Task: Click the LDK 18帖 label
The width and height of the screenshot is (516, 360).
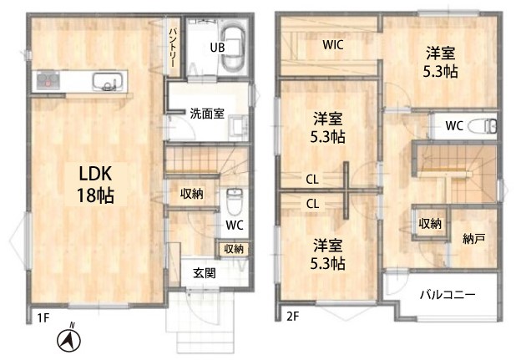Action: [96, 185]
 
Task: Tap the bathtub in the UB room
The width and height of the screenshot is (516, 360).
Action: [233, 47]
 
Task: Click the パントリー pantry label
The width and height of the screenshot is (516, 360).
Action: [173, 48]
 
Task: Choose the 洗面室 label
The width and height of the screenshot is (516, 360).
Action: [207, 114]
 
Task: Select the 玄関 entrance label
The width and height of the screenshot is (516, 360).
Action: [205, 273]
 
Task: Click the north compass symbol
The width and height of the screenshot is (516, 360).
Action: [69, 340]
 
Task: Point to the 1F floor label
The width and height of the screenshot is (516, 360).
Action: [43, 318]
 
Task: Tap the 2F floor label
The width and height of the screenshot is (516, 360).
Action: [292, 317]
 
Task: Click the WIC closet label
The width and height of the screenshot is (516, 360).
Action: [333, 45]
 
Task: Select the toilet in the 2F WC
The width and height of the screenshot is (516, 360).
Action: [482, 125]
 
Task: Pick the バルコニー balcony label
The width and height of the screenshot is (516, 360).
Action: [448, 295]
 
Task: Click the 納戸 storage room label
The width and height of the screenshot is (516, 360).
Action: [473, 239]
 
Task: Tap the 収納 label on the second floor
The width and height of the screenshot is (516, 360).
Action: [430, 224]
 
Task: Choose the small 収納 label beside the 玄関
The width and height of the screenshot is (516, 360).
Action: [234, 249]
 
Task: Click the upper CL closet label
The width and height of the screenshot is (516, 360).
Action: [312, 180]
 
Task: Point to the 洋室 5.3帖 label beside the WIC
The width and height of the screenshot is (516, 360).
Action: [440, 63]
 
